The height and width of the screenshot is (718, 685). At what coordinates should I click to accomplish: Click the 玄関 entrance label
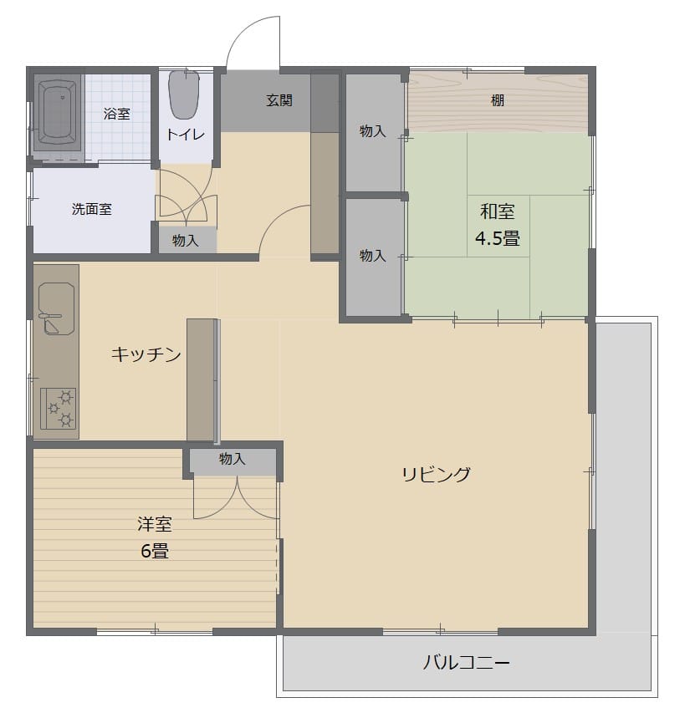[279, 100]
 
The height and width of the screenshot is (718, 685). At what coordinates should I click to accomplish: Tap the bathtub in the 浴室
[56, 112]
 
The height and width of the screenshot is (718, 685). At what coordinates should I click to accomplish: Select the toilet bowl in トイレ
[184, 94]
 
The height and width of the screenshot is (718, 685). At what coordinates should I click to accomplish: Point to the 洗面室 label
[92, 209]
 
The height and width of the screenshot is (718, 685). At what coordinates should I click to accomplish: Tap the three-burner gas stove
[59, 409]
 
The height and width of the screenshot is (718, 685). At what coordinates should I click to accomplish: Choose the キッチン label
[146, 354]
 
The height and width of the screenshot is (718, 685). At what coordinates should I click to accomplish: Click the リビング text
[437, 475]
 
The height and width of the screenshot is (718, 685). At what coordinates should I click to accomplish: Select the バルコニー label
[466, 663]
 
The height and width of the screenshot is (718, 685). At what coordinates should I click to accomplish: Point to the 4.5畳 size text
[497, 238]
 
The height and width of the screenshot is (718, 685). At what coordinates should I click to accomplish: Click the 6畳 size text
[155, 550]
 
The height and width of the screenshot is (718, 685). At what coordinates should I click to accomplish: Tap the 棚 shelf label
[498, 100]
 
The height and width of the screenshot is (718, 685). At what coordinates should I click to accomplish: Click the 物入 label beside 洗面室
[185, 241]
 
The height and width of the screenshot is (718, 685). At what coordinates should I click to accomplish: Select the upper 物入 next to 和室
[373, 132]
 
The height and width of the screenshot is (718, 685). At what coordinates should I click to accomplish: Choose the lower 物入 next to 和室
[373, 257]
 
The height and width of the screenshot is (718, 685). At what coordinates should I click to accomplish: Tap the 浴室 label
[117, 114]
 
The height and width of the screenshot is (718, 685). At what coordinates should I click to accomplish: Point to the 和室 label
[497, 211]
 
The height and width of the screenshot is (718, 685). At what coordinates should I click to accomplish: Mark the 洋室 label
[155, 524]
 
